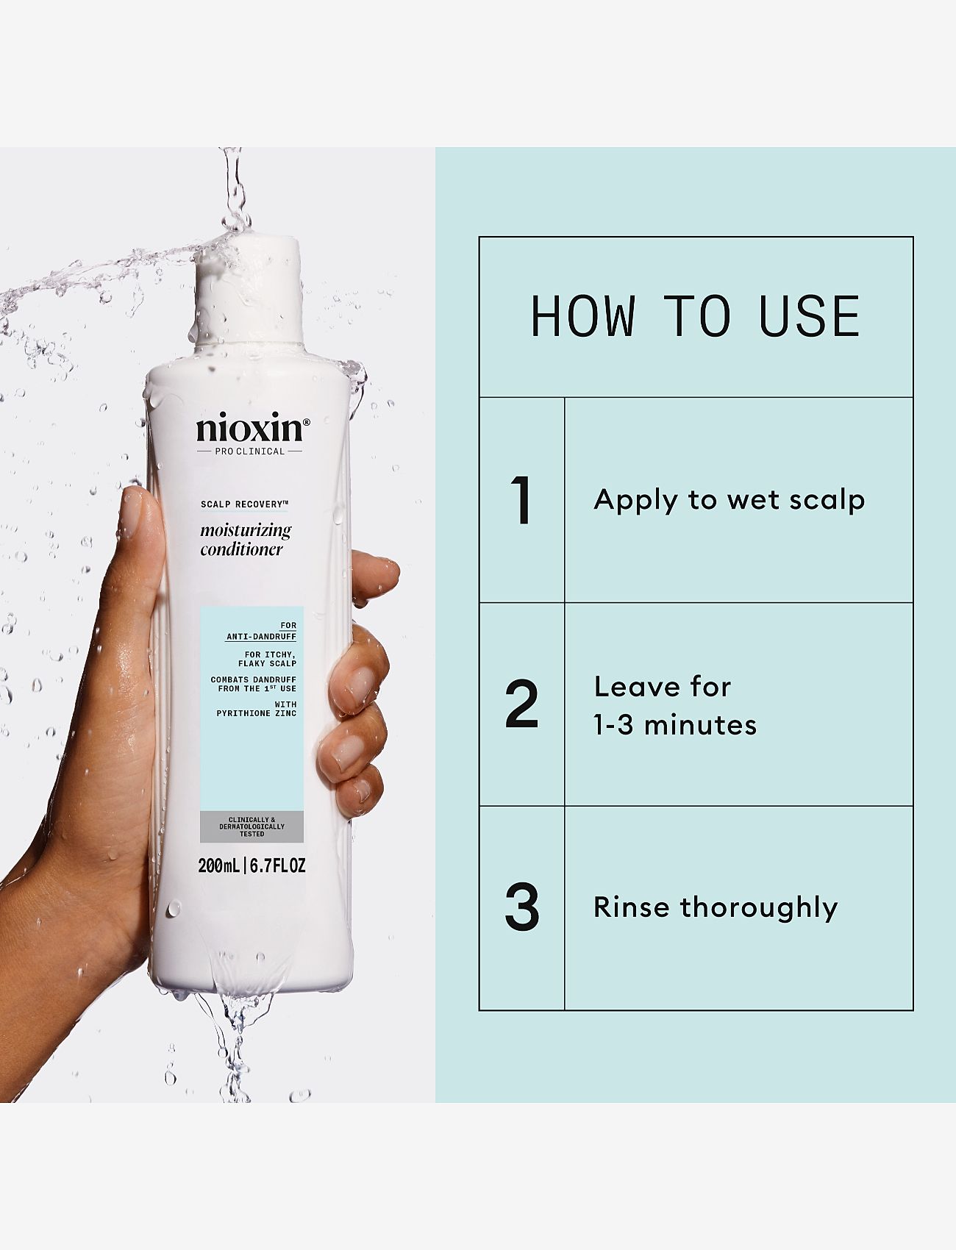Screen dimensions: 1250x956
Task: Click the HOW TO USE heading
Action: (x=695, y=316)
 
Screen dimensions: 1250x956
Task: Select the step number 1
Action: (x=521, y=501)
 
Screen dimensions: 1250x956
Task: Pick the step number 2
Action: (x=521, y=704)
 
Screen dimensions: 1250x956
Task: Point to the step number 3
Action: (x=521, y=907)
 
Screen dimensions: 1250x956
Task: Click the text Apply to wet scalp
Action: (x=729, y=500)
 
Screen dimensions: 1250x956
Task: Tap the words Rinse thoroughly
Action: (x=715, y=907)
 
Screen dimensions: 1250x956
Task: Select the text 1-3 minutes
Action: (x=674, y=725)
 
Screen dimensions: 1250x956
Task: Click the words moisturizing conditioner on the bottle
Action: (x=245, y=539)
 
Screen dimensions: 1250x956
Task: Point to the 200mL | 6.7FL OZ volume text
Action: (x=252, y=866)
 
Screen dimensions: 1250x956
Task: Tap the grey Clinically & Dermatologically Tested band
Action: (x=252, y=826)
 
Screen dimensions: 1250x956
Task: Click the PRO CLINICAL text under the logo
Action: (x=249, y=451)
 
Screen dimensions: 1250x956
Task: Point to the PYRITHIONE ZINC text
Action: (x=257, y=713)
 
